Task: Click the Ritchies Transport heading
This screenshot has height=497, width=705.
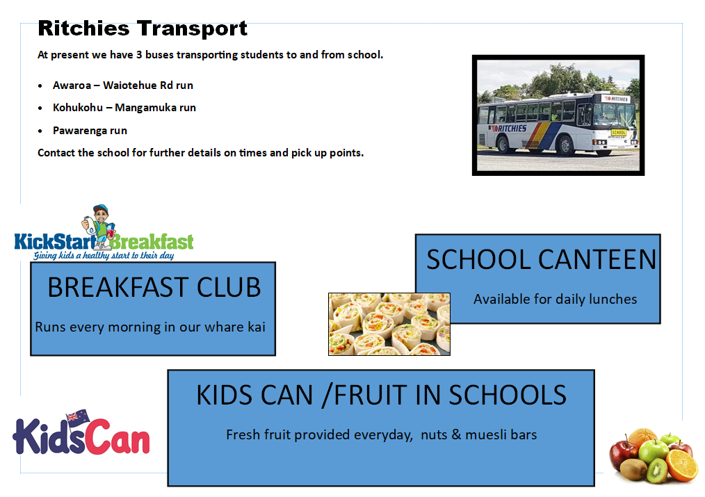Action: tap(143, 28)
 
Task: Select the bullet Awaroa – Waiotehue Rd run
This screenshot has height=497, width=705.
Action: tap(123, 85)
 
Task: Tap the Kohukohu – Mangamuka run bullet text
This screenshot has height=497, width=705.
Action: tap(124, 108)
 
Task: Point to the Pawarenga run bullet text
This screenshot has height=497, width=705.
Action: tap(90, 131)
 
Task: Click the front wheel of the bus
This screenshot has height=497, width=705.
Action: tap(565, 145)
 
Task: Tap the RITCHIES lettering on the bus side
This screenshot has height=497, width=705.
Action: tap(511, 129)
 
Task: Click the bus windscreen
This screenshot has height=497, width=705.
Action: tap(608, 114)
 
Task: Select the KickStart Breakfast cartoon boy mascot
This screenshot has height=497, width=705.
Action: tap(99, 227)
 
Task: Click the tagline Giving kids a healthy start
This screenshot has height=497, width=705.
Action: tap(104, 256)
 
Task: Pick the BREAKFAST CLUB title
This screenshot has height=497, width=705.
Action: tap(154, 288)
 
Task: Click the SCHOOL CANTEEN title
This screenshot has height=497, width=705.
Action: tap(542, 260)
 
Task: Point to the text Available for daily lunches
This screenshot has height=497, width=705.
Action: tap(556, 300)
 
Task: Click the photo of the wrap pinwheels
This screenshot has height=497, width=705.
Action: tap(389, 324)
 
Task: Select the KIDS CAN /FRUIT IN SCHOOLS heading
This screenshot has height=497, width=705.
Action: tap(381, 396)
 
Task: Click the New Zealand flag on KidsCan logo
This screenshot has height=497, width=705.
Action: tap(79, 418)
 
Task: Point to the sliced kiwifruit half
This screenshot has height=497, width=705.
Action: tap(657, 470)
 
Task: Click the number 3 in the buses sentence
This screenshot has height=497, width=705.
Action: tap(139, 55)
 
